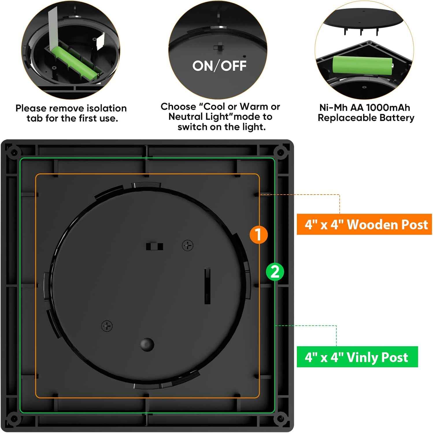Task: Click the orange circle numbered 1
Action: point(258,234)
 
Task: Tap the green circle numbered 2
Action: point(275,272)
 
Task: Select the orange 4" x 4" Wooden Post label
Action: point(364,224)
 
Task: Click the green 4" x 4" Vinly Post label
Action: point(357,357)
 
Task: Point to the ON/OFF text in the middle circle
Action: point(219,66)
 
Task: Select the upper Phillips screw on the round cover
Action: point(188,245)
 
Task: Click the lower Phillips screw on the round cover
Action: point(107,326)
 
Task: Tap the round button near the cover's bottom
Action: point(147,344)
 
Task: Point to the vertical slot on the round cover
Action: point(207,286)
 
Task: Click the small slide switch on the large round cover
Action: point(154,246)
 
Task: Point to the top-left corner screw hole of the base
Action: point(13,152)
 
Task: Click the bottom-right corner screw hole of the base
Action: point(280,418)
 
